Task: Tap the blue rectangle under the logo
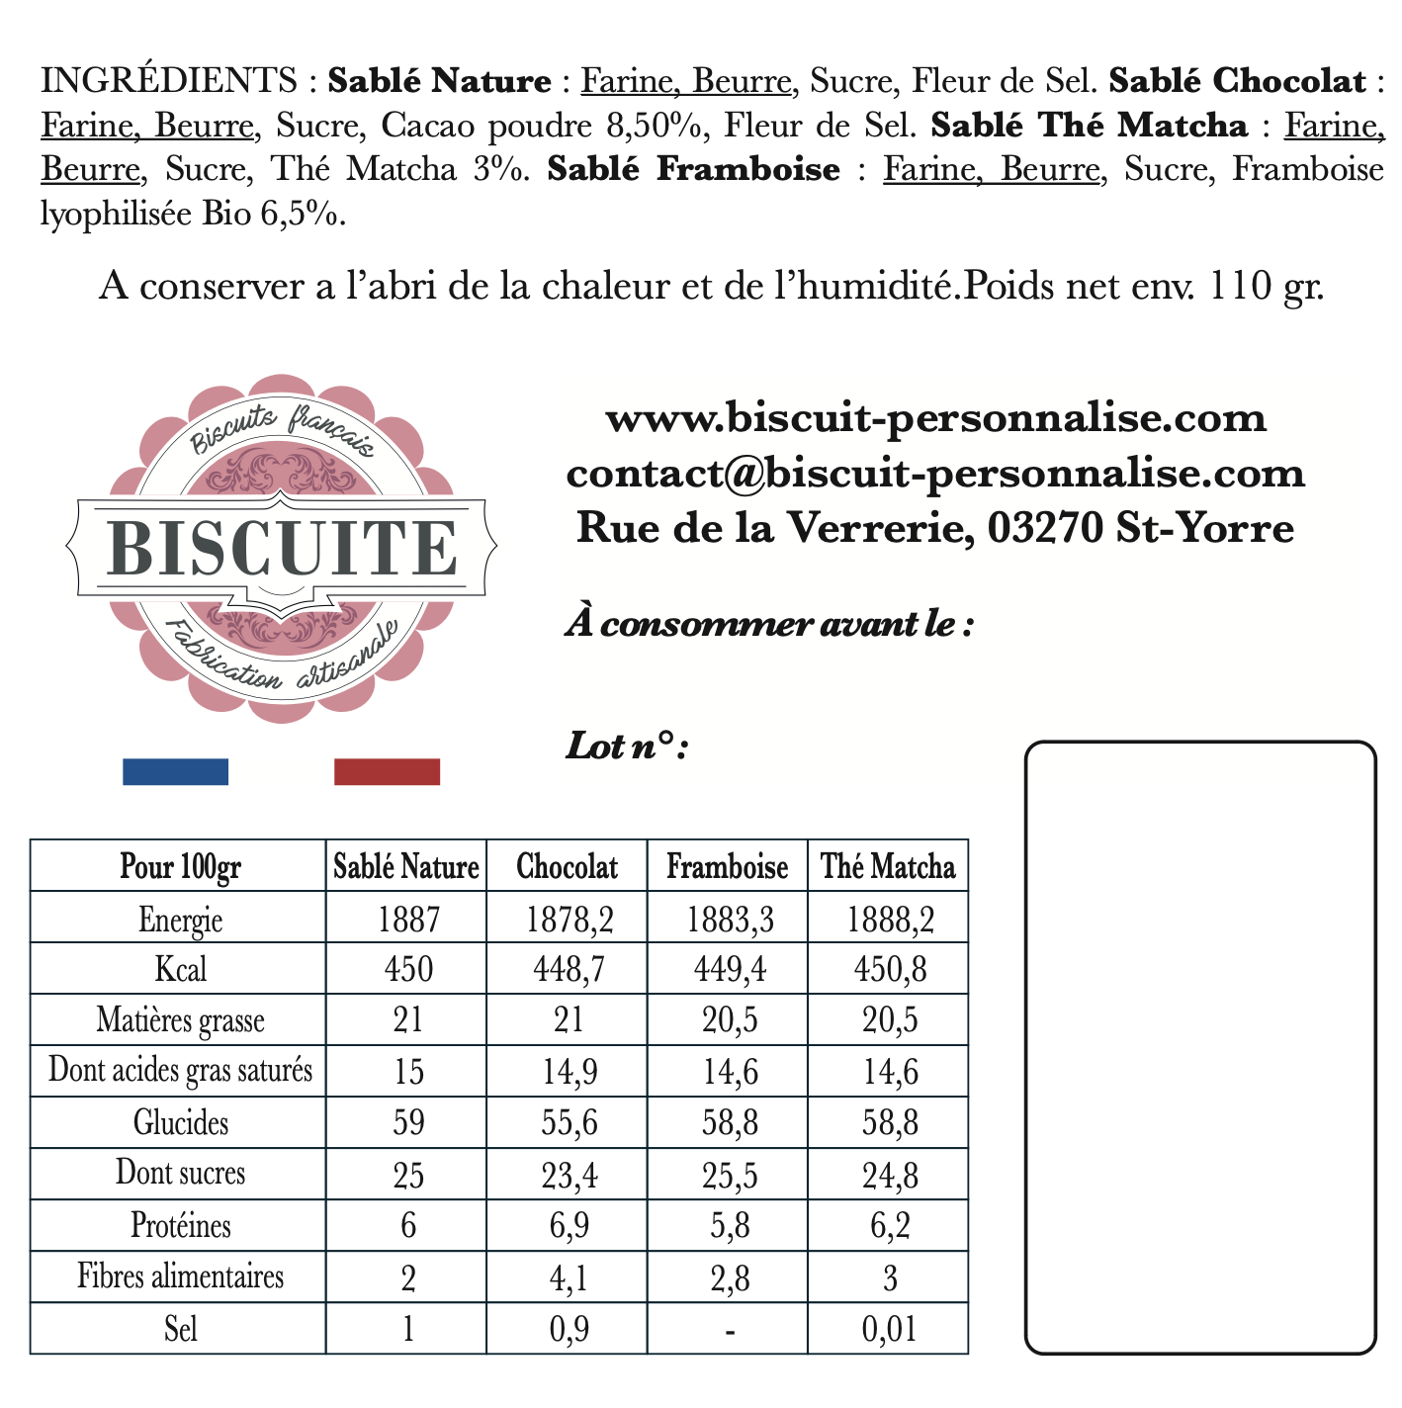[x=175, y=771]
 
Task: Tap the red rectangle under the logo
[x=387, y=771]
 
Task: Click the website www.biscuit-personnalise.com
[x=935, y=418]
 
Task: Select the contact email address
[x=935, y=474]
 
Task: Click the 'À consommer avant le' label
[x=769, y=625]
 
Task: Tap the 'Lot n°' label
[x=626, y=747]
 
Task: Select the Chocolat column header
[x=567, y=867]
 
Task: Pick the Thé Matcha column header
[x=888, y=867]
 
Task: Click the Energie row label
[x=180, y=920]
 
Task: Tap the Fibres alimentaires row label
[x=180, y=1276]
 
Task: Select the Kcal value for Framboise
[x=727, y=969]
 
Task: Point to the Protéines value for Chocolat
[x=567, y=1226]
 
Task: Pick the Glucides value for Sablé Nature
[x=407, y=1122]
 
